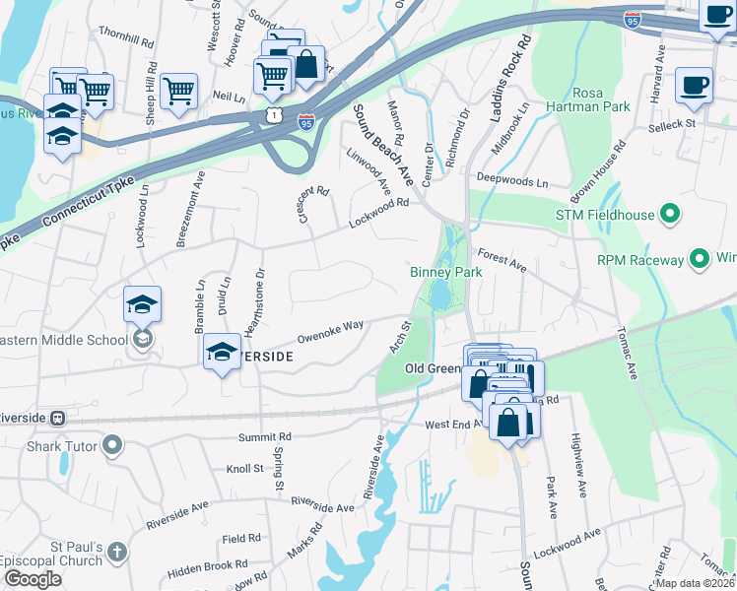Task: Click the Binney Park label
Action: tap(444, 272)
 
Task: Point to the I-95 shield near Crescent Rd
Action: tap(306, 123)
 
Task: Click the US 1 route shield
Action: tap(273, 116)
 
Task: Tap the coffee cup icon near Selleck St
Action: tap(694, 85)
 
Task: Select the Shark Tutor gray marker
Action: tap(111, 447)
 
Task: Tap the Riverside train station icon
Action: tap(57, 418)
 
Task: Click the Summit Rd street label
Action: tap(265, 435)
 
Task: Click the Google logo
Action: tap(33, 579)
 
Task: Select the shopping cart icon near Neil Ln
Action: tap(178, 90)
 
